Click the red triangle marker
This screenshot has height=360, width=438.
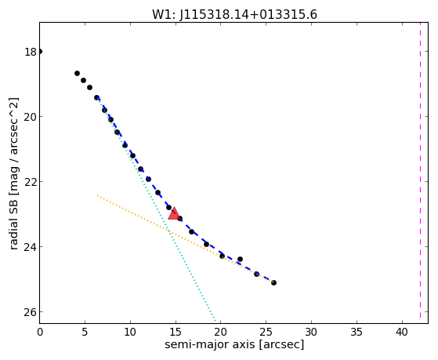coord(174,213)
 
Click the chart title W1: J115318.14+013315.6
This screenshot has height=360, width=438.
coord(234,14)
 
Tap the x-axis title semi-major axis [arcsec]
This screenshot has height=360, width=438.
coord(234,344)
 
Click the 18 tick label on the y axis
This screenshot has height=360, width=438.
coord(31,52)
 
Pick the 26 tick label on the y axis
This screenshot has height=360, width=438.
coord(31,312)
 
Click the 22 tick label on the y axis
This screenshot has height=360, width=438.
coord(31,182)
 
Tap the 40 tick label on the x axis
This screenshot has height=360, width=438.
coord(402,332)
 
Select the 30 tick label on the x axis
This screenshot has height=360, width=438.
coord(312,332)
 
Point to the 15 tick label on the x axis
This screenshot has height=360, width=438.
coord(176,332)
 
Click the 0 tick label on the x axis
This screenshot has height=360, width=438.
coord(40,332)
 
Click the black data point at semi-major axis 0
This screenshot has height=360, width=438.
coord(40,51)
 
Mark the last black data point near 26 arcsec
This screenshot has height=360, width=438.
coord(273,283)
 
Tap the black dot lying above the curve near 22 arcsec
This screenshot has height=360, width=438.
coord(240,260)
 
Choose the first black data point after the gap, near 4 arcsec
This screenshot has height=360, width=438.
coord(77,73)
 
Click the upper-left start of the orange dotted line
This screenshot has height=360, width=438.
coord(97,195)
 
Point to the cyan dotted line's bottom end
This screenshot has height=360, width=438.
coord(215,320)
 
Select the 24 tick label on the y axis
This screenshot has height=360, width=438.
coord(31,247)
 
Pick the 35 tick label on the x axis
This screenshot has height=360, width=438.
coord(357,332)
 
